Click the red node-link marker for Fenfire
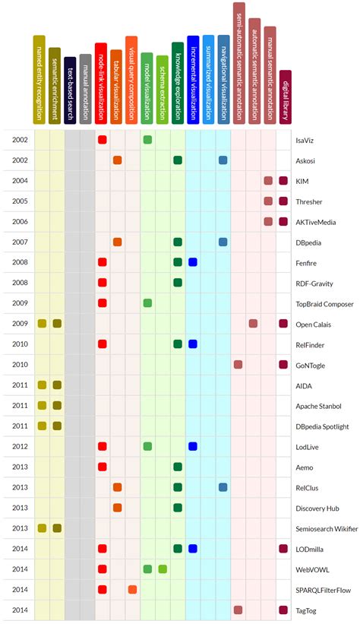coord(102,262)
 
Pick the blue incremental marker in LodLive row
coord(193,446)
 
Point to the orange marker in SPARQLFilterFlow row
coord(132,589)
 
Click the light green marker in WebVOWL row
coord(163,569)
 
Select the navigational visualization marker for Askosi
coord(223,160)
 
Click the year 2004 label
coord(20,181)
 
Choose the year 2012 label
coord(20,446)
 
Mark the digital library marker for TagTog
coord(283,610)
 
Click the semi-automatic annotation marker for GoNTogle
coord(238,365)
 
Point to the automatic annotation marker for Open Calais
coord(253,324)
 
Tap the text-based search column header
coord(70,91)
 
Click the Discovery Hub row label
coord(315,508)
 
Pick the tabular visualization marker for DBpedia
coord(117,242)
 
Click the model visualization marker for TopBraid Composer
coord(147,303)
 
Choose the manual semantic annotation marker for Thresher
coord(268,201)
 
